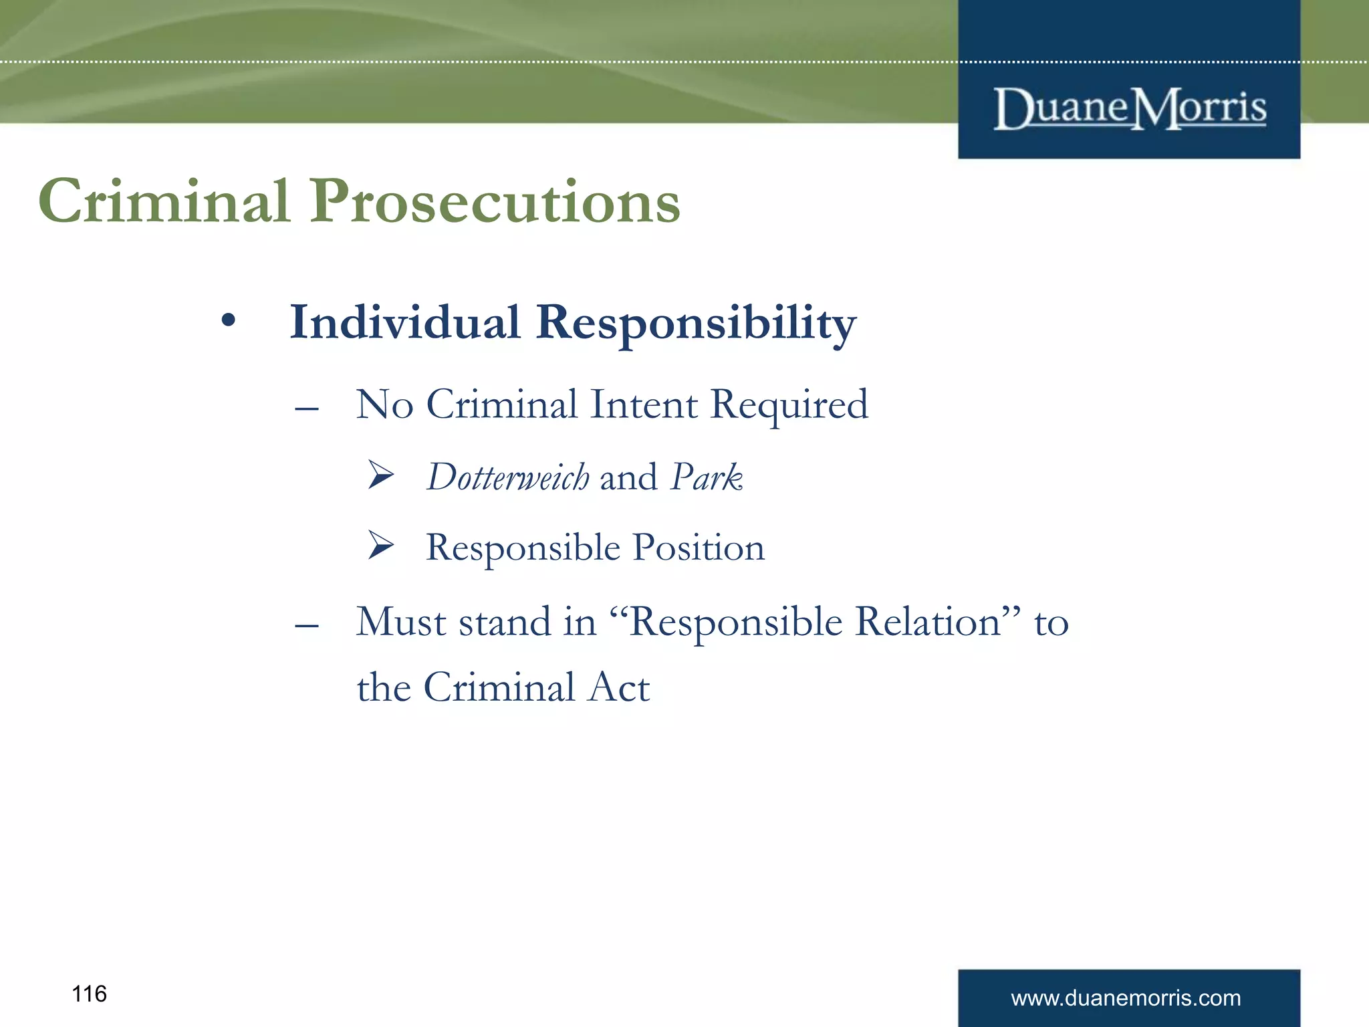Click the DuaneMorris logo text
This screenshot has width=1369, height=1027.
coord(1130,109)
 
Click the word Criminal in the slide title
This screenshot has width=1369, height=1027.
coord(164,201)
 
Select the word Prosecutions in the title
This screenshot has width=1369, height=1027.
coord(495,203)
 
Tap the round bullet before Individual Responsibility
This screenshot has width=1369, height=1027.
coord(229,321)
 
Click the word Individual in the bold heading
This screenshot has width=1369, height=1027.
coord(404,323)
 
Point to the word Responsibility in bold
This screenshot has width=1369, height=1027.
coord(695,324)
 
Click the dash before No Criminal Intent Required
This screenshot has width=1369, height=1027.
coord(307,408)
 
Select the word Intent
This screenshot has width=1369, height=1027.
coord(644,405)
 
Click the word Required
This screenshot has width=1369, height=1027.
coord(789,406)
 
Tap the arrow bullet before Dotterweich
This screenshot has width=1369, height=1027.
coord(381,475)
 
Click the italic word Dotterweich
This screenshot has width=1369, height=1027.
coord(508,477)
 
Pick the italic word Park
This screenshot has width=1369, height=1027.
coord(707,477)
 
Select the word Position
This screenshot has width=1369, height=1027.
coord(699,548)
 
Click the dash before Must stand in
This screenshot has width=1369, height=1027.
coord(307,625)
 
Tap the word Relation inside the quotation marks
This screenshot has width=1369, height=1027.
coord(928,622)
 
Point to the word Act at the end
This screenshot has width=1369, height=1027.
coord(618,687)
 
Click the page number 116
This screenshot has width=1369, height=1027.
coord(89,994)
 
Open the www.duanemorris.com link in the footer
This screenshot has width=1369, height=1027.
coord(1126,998)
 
